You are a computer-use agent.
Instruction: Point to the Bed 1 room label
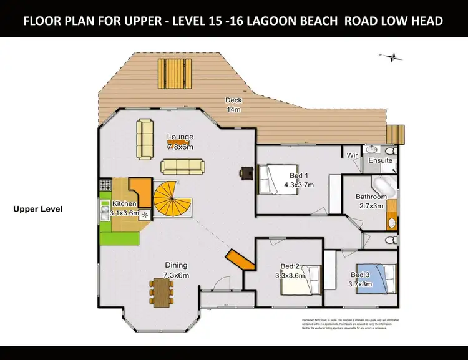coord(299,175)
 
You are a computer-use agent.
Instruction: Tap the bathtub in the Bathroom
coord(383,186)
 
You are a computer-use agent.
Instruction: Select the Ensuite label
coord(380,160)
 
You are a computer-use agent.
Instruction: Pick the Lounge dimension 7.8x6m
coord(180,147)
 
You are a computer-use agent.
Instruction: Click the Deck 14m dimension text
coord(233,109)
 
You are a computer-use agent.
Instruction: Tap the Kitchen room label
coord(124,204)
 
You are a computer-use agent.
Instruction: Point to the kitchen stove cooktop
coord(104,185)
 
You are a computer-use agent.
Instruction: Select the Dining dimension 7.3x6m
coord(176,275)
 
